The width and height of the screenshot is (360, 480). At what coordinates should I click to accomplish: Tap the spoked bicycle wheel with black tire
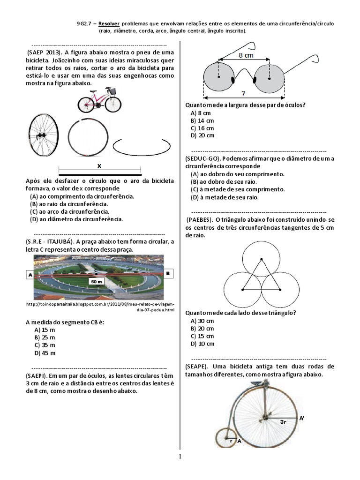44,135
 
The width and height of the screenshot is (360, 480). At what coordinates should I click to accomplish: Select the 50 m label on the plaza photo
97,281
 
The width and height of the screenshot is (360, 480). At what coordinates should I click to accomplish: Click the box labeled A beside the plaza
30,275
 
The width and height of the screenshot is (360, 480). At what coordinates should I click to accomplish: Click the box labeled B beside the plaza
167,272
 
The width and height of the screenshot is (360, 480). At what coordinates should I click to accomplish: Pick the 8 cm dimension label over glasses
247,55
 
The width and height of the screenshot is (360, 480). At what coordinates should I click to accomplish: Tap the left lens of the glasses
219,77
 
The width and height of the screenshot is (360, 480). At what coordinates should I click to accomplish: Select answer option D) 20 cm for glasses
202,135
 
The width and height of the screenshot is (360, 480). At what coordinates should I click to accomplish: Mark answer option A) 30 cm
202,321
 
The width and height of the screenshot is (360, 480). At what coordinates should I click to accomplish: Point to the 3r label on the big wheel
284,422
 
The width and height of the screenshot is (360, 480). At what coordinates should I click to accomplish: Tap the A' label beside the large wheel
303,417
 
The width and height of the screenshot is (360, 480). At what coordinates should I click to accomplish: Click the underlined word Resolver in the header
119,23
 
